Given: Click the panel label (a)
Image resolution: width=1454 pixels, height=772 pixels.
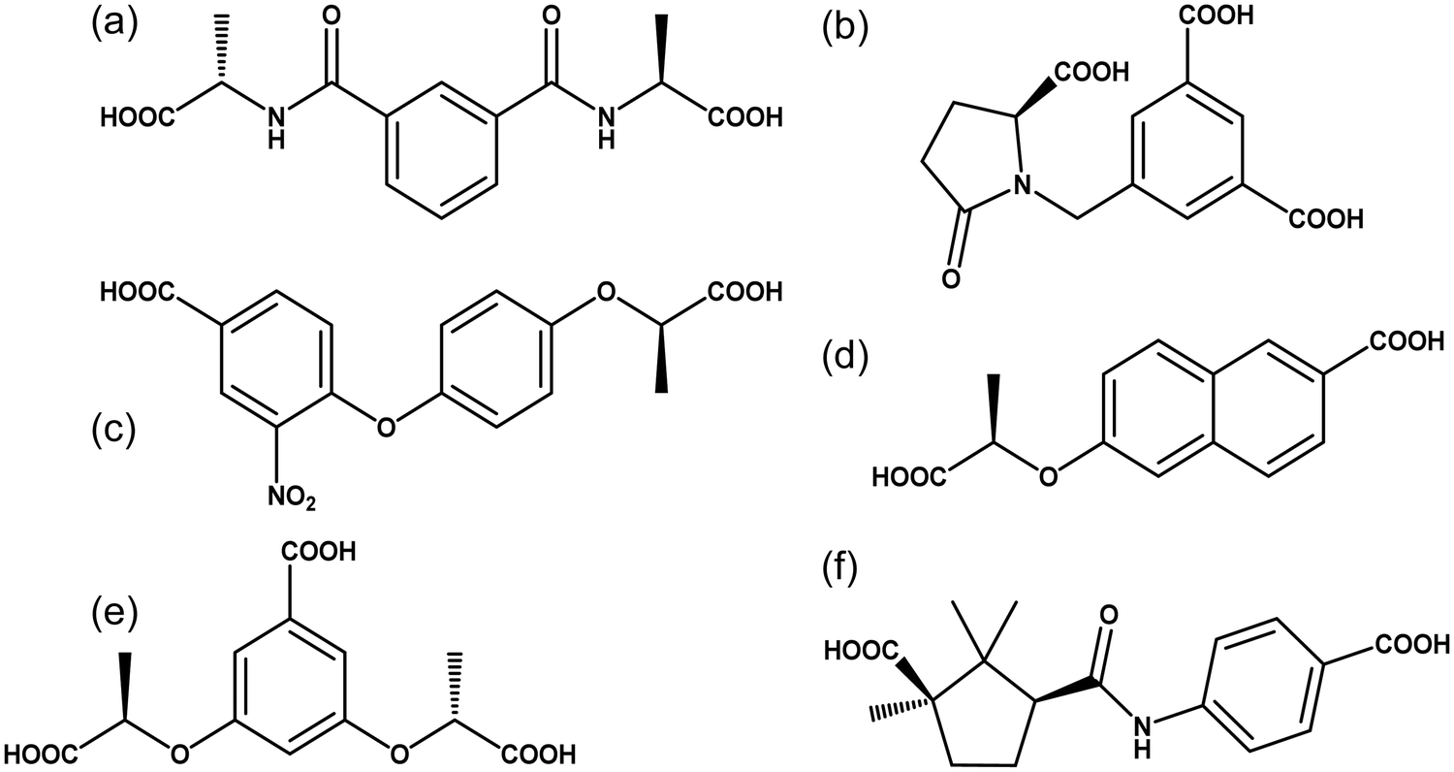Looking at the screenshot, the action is (114, 25).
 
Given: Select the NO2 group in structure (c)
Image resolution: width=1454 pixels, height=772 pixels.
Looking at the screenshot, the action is (292, 498).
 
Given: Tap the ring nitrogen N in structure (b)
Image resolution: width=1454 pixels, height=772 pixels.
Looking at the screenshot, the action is (1023, 186).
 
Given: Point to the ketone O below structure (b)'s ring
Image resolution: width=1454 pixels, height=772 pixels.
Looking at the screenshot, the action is (950, 278).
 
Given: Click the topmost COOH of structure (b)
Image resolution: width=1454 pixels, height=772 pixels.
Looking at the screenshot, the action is (1217, 16).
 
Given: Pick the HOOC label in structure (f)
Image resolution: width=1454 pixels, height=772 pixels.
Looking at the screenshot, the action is (862, 651).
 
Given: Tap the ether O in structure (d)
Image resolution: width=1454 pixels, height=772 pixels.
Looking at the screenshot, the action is (1048, 477).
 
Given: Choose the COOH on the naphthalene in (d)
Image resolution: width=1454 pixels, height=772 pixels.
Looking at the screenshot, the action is (1407, 340).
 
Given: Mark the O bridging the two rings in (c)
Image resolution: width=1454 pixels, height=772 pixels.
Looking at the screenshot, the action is (386, 427).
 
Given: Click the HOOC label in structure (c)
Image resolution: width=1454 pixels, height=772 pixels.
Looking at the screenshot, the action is (138, 293).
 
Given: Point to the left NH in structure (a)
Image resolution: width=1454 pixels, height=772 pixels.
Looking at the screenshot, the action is (276, 128).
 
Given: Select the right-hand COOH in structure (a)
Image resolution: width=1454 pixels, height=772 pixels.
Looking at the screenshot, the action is (745, 117).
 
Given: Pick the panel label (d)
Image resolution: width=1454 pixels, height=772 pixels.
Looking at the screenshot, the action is (845, 360).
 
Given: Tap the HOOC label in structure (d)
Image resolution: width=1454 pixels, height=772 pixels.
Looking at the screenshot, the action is (909, 478).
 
